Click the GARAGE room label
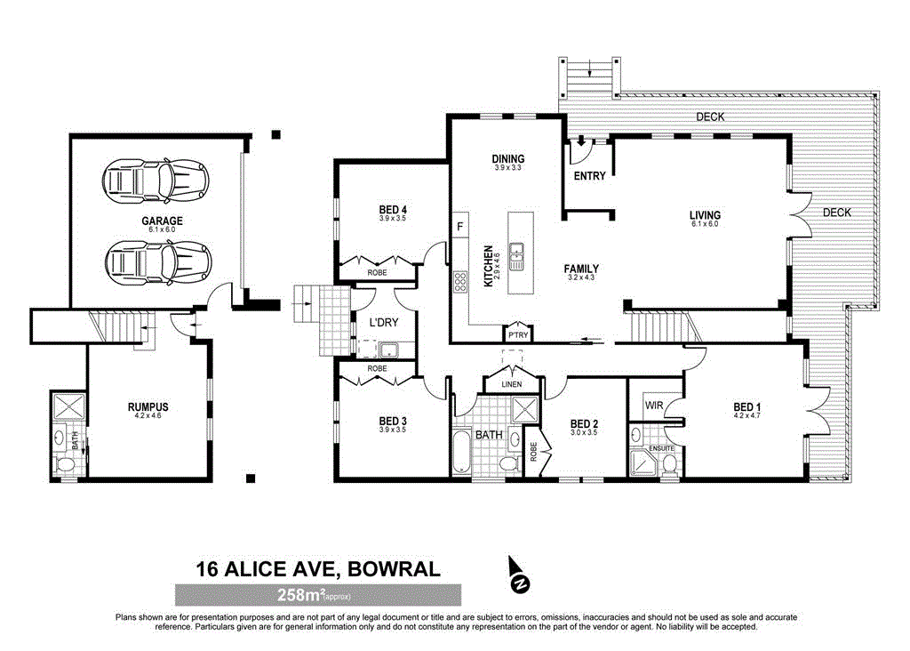coord(161,221)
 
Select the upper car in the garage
coord(156,181)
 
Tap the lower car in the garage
coord(156,261)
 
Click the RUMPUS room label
coord(148,407)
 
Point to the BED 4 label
coord(392,210)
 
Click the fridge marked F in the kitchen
coord(459,227)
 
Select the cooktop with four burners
coord(461,283)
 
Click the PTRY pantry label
coord(517,335)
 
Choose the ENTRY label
coord(589,176)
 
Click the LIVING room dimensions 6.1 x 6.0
coord(705,224)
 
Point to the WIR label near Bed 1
coord(654,405)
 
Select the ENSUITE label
coord(661,447)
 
